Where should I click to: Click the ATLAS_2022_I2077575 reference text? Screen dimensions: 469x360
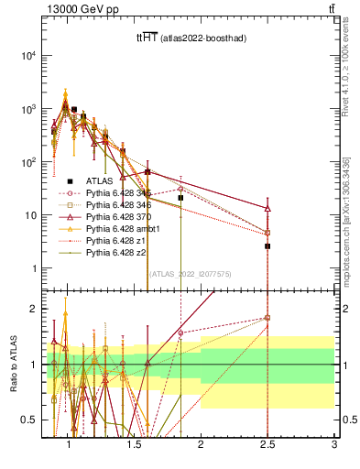[190, 274]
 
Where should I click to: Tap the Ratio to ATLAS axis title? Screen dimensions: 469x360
[14, 365]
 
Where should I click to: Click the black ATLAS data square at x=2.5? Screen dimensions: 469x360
[267, 246]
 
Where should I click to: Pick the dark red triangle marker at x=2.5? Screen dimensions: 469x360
[267, 208]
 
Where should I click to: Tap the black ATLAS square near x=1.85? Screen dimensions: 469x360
[180, 198]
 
